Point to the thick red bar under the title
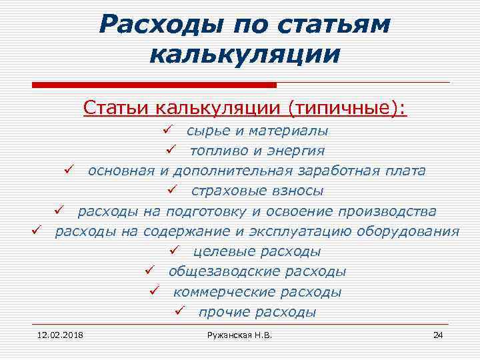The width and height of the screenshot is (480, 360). click(154, 85)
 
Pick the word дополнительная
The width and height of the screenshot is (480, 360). click(228, 171)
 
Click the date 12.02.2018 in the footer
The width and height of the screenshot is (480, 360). click(55, 334)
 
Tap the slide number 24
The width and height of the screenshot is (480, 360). click(437, 334)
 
